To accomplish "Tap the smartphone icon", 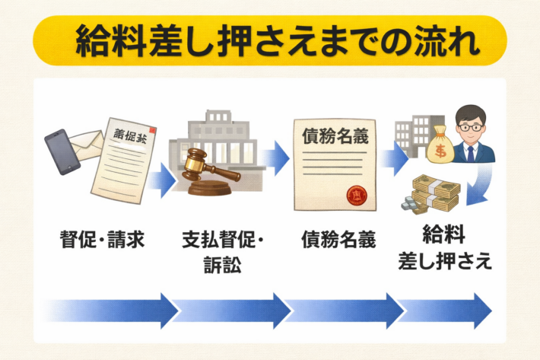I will (x=62, y=152).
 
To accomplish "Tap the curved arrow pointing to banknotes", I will (x=481, y=186).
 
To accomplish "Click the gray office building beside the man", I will (x=411, y=137).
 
